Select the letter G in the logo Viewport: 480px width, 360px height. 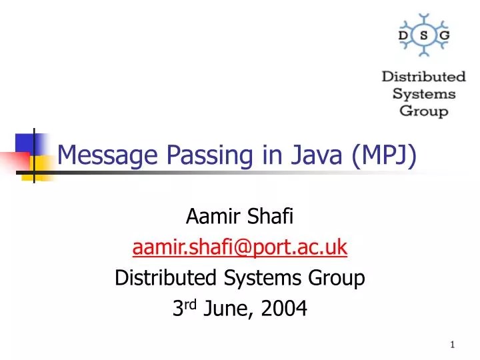[x=443, y=34]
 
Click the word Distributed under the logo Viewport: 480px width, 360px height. [x=423, y=77]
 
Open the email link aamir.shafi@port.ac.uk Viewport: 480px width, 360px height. [x=240, y=247]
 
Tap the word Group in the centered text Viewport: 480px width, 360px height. [x=340, y=278]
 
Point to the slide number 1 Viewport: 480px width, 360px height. [x=453, y=344]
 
